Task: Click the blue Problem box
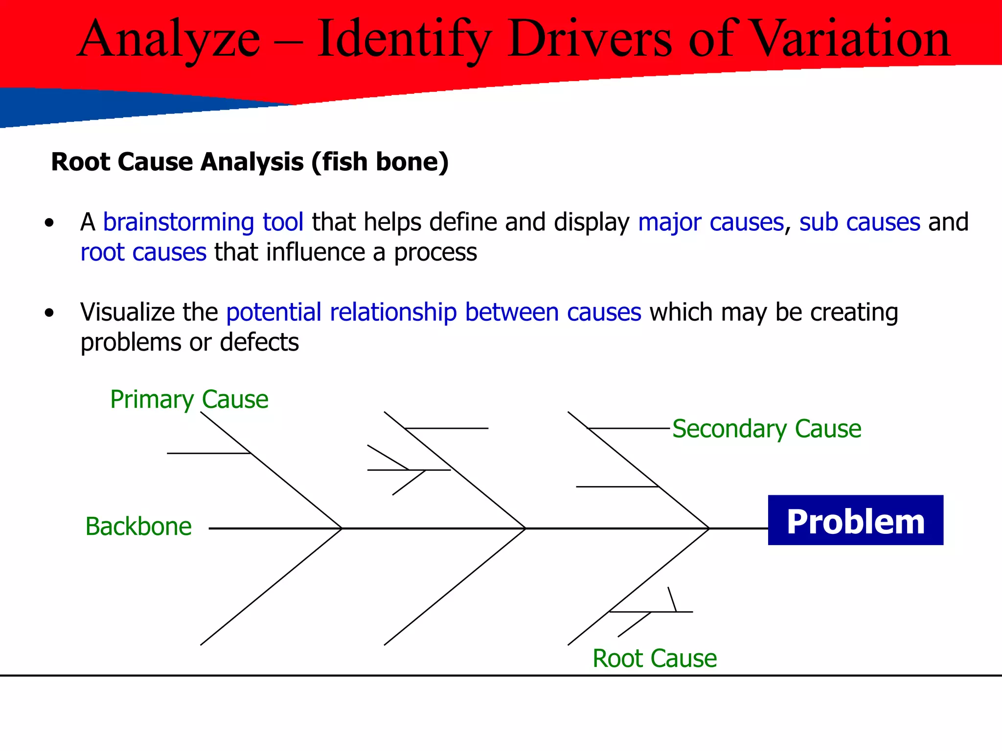click(x=855, y=520)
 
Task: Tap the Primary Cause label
click(x=189, y=399)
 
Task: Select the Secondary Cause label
click(x=766, y=429)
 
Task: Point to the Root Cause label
click(x=654, y=658)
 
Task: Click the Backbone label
click(x=138, y=527)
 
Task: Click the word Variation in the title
click(x=850, y=39)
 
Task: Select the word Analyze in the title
click(x=169, y=39)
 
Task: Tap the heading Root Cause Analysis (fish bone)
click(x=250, y=162)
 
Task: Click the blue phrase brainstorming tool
click(x=203, y=222)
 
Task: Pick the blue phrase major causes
click(x=711, y=222)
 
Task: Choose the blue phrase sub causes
click(x=860, y=222)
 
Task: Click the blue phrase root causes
click(x=143, y=253)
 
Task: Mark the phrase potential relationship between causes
click(x=433, y=312)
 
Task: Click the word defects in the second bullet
click(x=259, y=342)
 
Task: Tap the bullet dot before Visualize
click(x=49, y=313)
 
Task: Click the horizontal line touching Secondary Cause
click(x=629, y=428)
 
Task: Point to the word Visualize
click(x=127, y=312)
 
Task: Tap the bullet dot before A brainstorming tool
click(x=49, y=223)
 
